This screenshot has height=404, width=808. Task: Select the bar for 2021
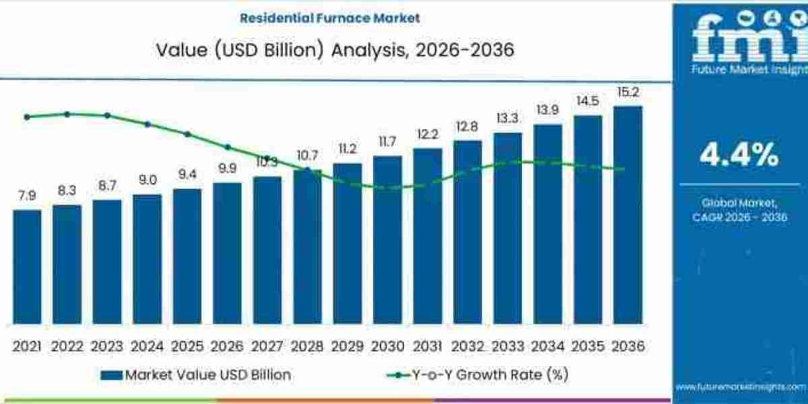pos(27,267)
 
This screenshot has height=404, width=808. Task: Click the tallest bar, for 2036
pos(628,214)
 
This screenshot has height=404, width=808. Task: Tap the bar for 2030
pos(387,240)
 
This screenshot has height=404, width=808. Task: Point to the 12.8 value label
pos(467,127)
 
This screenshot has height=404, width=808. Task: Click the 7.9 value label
pos(27,196)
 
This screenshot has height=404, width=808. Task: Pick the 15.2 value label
pos(628,92)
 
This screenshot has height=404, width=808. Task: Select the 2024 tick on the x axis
pos(147,346)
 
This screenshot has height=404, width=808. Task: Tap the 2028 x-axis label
pos(307,346)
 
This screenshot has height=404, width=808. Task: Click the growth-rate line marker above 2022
pos(67,114)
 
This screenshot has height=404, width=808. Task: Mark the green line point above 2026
pos(228,146)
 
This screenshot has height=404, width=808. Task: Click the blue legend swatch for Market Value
pos(112,375)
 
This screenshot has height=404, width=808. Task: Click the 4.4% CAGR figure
pos(739,156)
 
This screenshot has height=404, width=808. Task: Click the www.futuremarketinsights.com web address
pos(740,387)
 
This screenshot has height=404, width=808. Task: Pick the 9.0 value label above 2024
pos(147,180)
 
